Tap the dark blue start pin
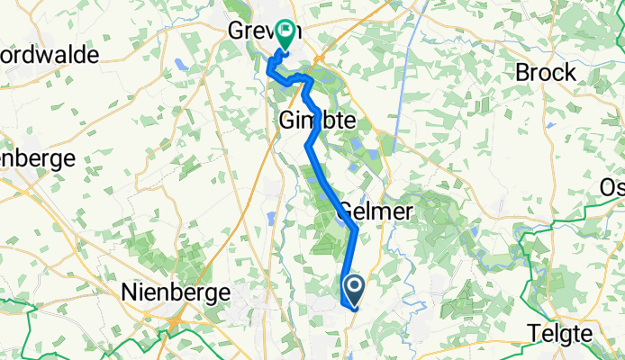354,291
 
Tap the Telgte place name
559,334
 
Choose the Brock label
546,73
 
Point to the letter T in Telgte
533,334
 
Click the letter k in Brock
569,73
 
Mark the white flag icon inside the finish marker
287,31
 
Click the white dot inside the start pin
354,287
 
